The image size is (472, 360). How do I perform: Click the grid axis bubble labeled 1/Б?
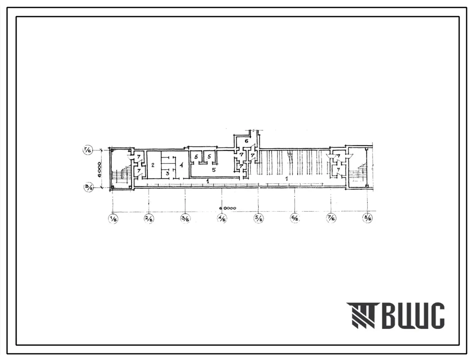113,218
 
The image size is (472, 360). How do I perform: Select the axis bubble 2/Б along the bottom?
149,218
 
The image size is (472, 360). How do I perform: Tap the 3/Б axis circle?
185,218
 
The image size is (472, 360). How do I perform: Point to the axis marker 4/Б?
222,218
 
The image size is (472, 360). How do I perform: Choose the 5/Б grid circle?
258,218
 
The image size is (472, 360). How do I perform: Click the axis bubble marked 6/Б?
295,218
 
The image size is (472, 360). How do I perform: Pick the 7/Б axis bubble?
331,218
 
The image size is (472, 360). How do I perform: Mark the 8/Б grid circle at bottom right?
367,218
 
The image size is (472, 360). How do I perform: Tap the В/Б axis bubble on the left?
87,187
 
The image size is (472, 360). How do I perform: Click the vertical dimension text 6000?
99,169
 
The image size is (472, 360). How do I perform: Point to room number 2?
152,165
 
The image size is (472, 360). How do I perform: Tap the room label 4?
181,164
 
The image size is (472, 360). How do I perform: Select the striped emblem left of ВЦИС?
361,316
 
